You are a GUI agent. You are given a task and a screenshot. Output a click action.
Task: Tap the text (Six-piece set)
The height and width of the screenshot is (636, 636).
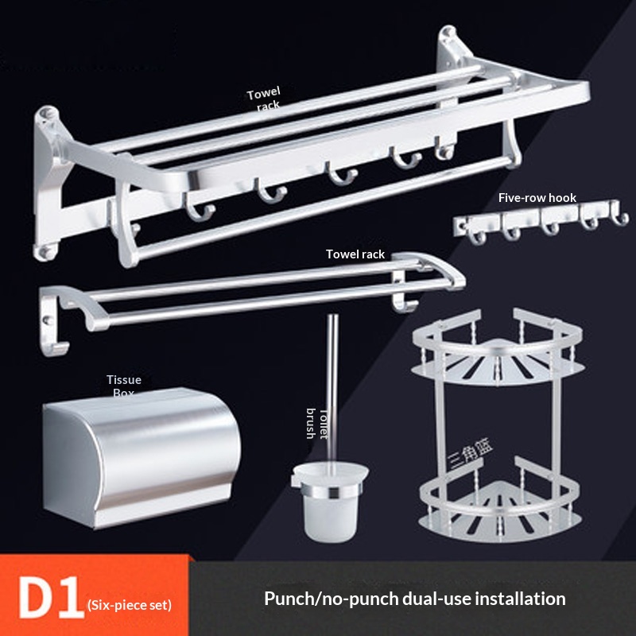(130, 605)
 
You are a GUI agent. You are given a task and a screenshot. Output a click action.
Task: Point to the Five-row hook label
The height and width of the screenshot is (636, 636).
(537, 197)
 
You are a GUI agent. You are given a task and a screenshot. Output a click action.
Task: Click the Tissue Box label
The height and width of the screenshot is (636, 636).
(124, 386)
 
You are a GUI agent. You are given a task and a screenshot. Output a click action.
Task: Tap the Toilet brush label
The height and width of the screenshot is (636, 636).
(316, 424)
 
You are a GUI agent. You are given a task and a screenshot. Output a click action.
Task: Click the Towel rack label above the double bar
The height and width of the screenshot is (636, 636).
(355, 254)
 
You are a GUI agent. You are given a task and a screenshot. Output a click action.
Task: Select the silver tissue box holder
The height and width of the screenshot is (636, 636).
(142, 458)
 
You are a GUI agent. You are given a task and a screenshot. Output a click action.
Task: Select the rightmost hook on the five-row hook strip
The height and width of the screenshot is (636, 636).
(619, 213)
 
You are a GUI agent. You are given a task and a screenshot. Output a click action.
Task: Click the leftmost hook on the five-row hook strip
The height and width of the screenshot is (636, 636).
(477, 236)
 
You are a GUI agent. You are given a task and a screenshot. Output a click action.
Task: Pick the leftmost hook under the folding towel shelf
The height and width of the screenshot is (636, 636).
(199, 207)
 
